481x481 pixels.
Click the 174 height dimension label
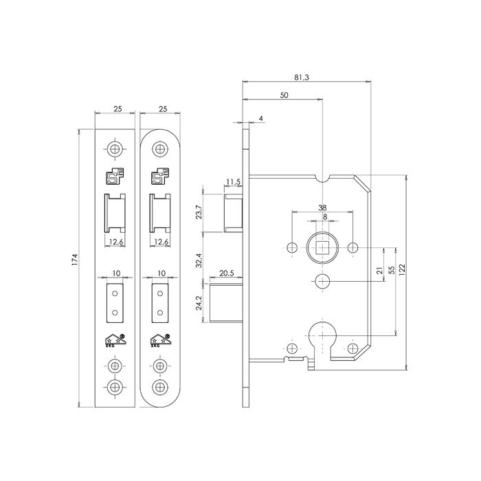[75, 260]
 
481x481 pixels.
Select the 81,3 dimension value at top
[302, 77]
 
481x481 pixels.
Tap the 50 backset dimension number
[284, 95]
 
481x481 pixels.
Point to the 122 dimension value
[402, 269]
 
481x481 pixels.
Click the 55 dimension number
[391, 270]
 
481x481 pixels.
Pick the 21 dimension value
[379, 270]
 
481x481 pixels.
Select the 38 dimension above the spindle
[322, 208]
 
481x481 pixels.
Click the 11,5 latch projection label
[233, 181]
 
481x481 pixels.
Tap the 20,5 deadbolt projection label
[227, 273]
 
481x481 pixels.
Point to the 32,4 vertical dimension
[199, 260]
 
